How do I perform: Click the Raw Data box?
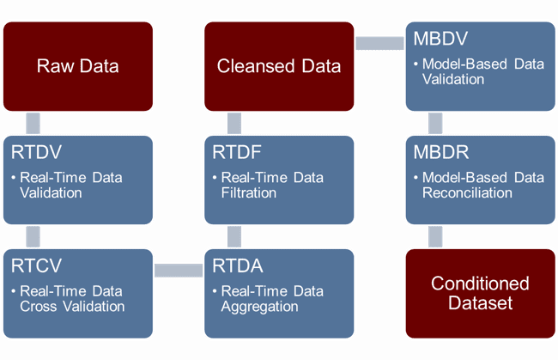pyautogui.click(x=78, y=66)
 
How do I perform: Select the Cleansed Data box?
pyautogui.click(x=279, y=66)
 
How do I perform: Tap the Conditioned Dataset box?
pyautogui.click(x=481, y=293)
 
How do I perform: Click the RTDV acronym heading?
pyautogui.click(x=36, y=152)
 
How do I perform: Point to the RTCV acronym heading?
pyautogui.click(x=36, y=265)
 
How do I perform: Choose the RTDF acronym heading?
pyautogui.click(x=237, y=152)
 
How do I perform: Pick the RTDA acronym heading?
pyautogui.click(x=238, y=265)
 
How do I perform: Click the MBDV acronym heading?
pyautogui.click(x=440, y=39)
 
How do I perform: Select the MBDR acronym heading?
pyautogui.click(x=441, y=152)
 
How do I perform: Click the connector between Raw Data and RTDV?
pyautogui.click(x=33, y=123)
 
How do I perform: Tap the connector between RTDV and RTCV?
pyautogui.click(x=33, y=236)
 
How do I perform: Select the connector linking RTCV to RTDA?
pyautogui.click(x=179, y=271)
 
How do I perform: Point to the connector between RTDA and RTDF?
pyautogui.click(x=234, y=236)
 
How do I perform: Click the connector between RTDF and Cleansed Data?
pyautogui.click(x=234, y=123)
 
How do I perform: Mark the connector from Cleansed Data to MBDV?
pyautogui.click(x=379, y=43)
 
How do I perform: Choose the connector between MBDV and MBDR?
pyautogui.click(x=435, y=123)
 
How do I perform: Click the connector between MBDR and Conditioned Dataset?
pyautogui.click(x=435, y=236)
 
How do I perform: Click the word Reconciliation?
pyautogui.click(x=467, y=193)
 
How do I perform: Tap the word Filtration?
pyautogui.click(x=249, y=193)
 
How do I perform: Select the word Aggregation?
pyautogui.click(x=260, y=307)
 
